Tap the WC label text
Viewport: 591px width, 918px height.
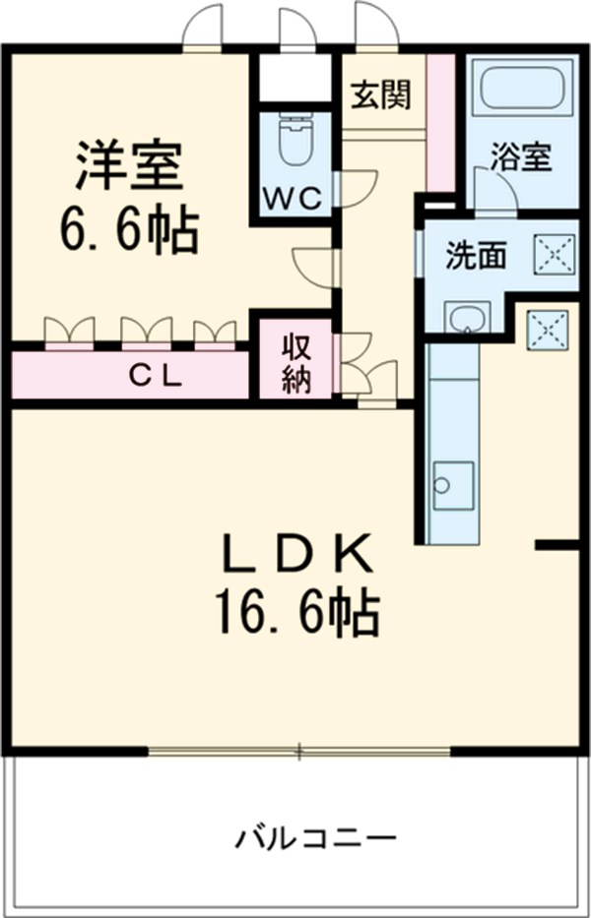point(292,198)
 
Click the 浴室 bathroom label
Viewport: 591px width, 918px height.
point(520,157)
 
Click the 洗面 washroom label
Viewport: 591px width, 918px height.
point(476,256)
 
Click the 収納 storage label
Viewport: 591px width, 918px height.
point(296,363)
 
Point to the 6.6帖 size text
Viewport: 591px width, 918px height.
point(128,231)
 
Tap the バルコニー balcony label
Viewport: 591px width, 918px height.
point(315,839)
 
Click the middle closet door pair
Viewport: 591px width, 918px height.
point(146,332)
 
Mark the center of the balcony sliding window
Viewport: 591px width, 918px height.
point(299,753)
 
